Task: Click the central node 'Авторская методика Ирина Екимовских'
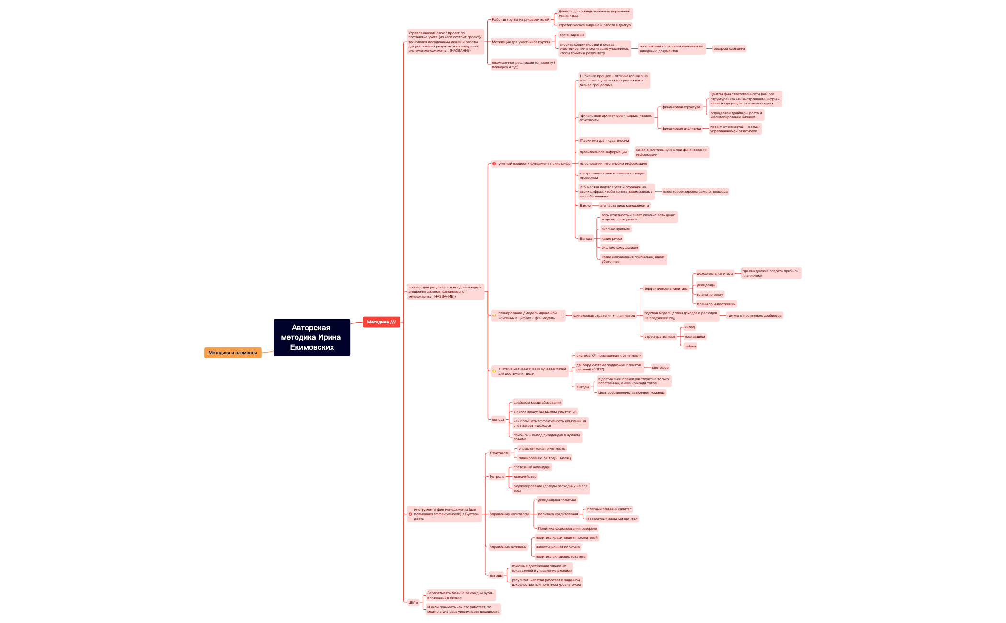click(x=311, y=337)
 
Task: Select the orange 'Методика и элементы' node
click(x=232, y=353)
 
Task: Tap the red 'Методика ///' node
click(x=381, y=322)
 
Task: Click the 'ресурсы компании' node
click(x=729, y=48)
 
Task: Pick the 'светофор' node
click(x=660, y=368)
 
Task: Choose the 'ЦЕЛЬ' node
click(x=413, y=602)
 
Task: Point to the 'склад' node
click(x=689, y=327)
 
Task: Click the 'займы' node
click(x=690, y=346)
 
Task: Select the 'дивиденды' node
click(x=706, y=285)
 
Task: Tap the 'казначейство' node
click(x=525, y=477)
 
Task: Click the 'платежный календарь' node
click(x=532, y=467)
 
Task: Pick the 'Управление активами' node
click(x=508, y=547)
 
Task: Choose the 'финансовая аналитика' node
click(x=681, y=129)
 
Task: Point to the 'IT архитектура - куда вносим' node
click(x=604, y=141)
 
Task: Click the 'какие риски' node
click(x=611, y=238)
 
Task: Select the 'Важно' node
click(x=585, y=206)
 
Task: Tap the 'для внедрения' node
click(x=572, y=35)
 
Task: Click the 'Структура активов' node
click(x=660, y=336)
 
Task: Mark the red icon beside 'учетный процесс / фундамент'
click(x=494, y=164)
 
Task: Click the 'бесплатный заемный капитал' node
click(x=612, y=519)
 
